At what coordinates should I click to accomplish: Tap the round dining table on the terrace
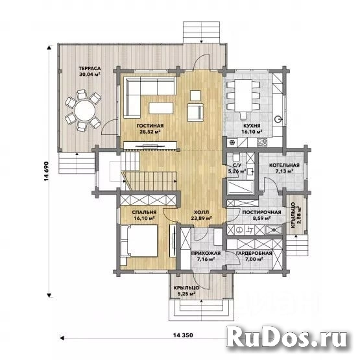point(82,111)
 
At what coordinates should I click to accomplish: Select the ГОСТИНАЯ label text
point(150,125)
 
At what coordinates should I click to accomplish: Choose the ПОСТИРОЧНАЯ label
point(261,213)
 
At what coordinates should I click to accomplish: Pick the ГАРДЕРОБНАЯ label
point(254,253)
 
